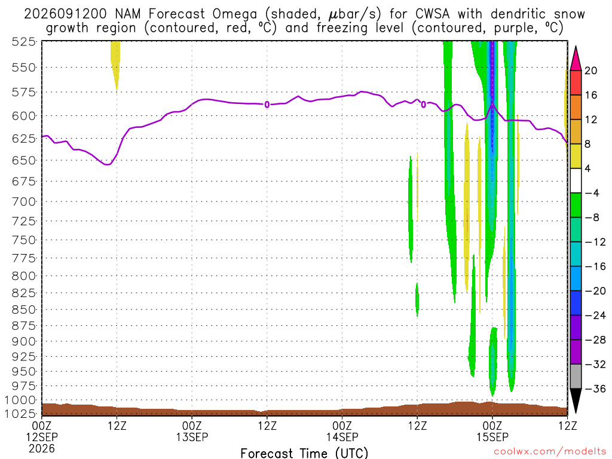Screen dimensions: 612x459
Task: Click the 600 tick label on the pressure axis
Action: (24, 116)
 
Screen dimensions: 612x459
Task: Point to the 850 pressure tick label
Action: (24, 310)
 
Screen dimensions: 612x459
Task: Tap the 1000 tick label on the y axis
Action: (20, 400)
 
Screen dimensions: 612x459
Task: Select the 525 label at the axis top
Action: (24, 41)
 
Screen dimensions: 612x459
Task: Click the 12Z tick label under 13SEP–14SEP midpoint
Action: (267, 426)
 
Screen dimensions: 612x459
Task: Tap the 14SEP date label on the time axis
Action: (342, 437)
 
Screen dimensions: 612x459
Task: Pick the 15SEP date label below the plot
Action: (492, 437)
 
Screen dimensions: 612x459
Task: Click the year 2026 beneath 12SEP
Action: (42, 448)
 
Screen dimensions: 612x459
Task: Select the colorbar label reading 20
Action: (591, 71)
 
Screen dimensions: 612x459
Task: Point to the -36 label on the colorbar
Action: (595, 388)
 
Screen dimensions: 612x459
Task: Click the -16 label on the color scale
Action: (595, 266)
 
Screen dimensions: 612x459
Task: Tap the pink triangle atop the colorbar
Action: (576, 58)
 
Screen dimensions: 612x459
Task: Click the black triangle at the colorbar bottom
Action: (576, 400)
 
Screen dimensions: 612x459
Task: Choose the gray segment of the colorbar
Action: (576, 377)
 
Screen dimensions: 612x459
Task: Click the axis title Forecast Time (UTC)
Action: (304, 453)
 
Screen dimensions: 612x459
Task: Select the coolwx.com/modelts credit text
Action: (550, 452)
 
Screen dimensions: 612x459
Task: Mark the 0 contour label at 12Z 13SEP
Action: (267, 105)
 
